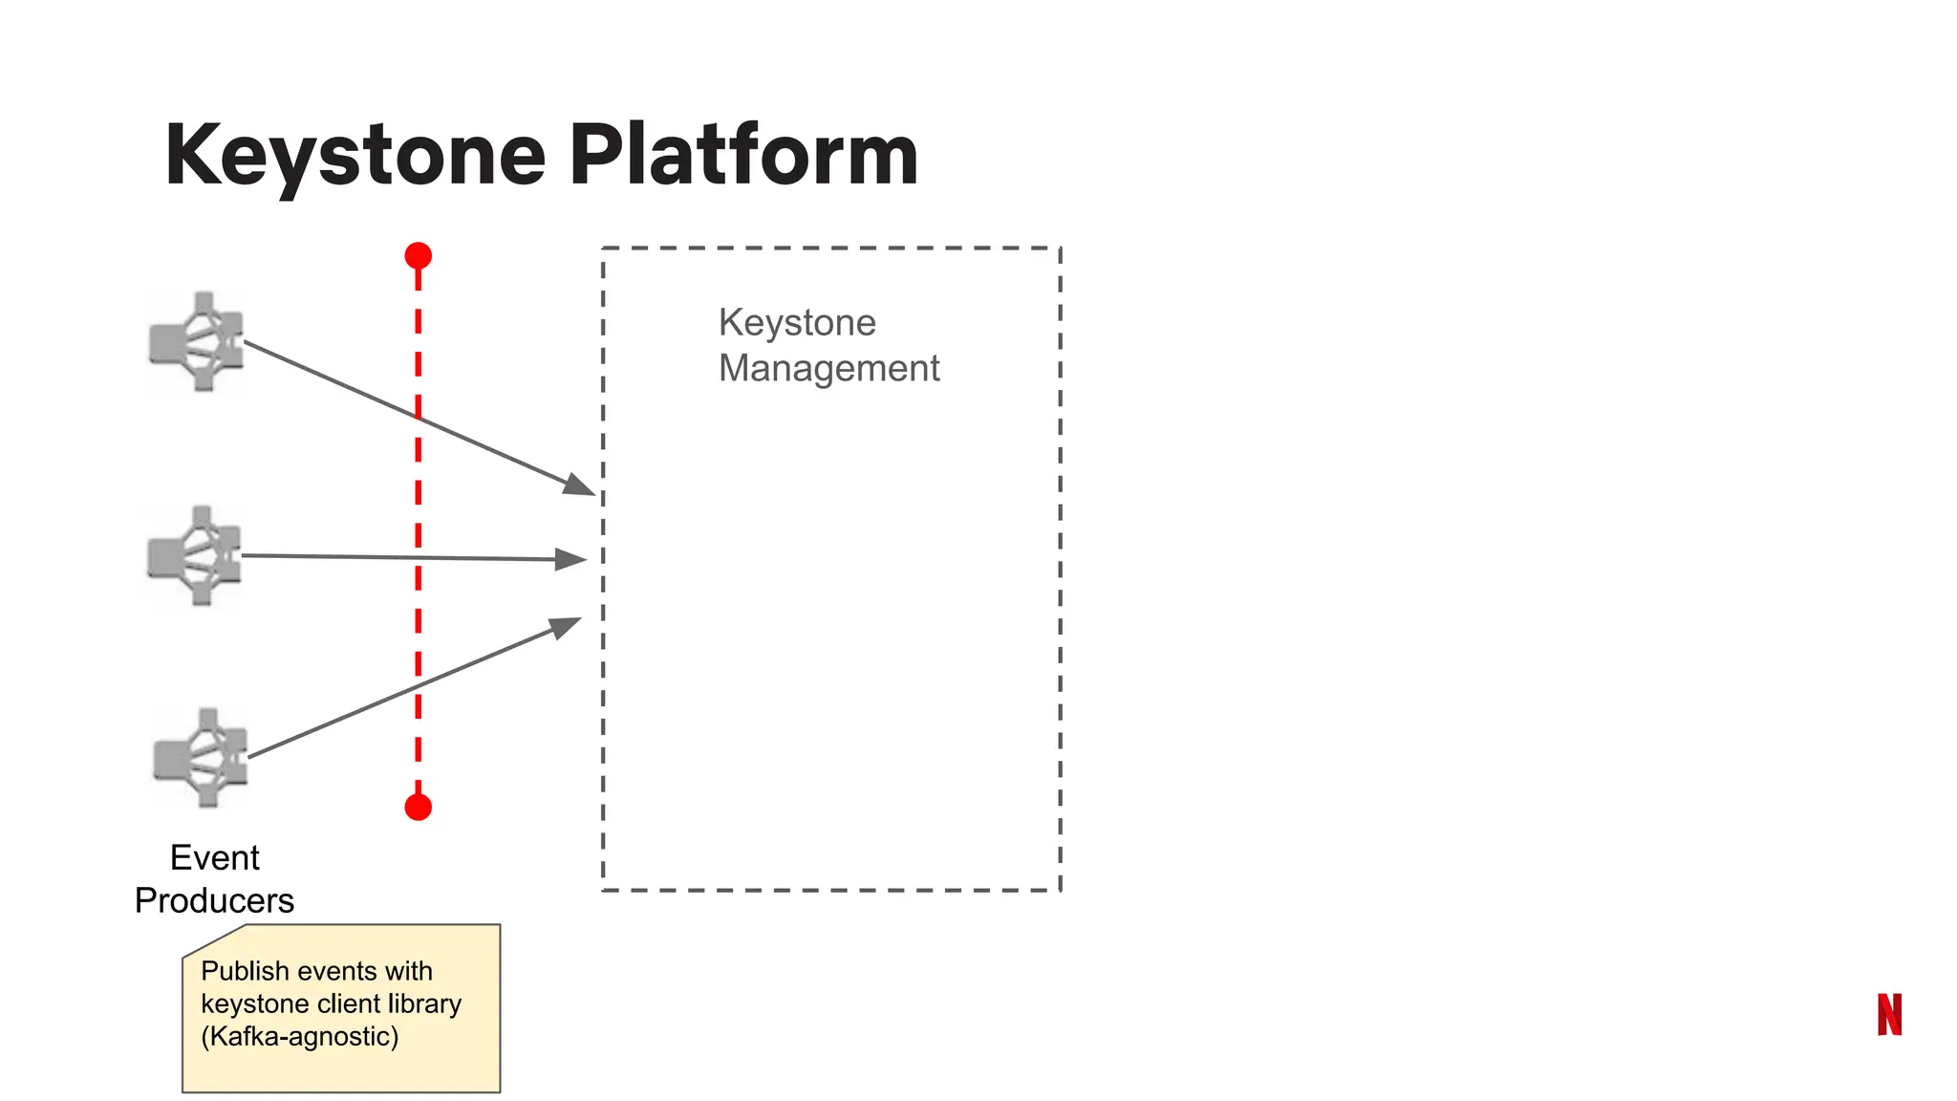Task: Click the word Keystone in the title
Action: pos(355,156)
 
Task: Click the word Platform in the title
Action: pos(743,156)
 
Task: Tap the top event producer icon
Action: pos(197,342)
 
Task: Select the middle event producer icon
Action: pos(195,556)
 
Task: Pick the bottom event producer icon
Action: pos(201,758)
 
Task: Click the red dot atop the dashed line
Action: pos(418,256)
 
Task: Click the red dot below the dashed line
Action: pos(418,808)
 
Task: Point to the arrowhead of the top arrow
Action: pos(580,486)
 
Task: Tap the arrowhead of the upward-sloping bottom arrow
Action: pos(567,627)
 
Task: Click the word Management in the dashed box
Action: pos(828,369)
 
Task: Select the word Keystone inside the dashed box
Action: pos(797,323)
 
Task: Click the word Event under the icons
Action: pos(214,858)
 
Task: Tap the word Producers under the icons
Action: pos(214,901)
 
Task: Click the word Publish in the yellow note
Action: pos(245,971)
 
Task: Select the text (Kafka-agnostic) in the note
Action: pos(299,1037)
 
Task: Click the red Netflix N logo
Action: pos(1889,1014)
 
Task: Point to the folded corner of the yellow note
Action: pos(210,940)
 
